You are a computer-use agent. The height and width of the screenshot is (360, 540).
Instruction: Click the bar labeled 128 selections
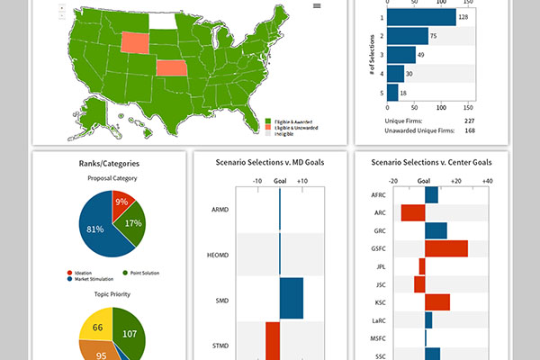pyautogui.click(x=423, y=17)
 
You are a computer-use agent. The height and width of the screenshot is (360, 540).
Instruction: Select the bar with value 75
pyautogui.click(x=409, y=36)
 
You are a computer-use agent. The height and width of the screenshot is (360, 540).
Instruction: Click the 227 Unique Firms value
pyautogui.click(x=469, y=120)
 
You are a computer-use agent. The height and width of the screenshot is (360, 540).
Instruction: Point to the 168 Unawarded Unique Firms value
pyautogui.click(x=469, y=130)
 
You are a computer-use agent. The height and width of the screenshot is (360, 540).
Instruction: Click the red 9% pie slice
pyautogui.click(x=121, y=203)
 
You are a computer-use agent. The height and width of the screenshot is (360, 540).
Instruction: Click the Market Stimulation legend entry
pyautogui.click(x=94, y=280)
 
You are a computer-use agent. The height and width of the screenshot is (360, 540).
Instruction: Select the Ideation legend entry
pyautogui.click(x=84, y=273)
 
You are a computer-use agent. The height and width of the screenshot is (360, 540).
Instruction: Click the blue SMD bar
pyautogui.click(x=292, y=299)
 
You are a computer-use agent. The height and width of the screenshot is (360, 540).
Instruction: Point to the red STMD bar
pyautogui.click(x=273, y=342)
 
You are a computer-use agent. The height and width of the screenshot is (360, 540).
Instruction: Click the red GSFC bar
pyautogui.click(x=446, y=248)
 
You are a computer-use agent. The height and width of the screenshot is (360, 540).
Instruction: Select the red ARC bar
pyautogui.click(x=413, y=212)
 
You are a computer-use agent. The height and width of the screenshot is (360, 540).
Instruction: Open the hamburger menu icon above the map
pyautogui.click(x=317, y=5)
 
